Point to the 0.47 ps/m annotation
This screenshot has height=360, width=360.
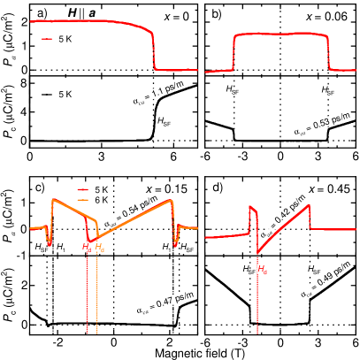click(165, 303)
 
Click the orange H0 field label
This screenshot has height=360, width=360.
click(98, 249)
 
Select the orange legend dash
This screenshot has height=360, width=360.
click(83, 199)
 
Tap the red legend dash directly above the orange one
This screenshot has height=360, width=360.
click(83, 189)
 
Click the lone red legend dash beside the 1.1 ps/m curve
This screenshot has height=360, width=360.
click(47, 39)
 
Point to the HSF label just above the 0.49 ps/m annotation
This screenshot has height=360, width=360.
click(313, 269)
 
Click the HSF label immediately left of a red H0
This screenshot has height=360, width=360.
click(248, 269)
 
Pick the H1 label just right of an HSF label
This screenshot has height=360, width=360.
click(60, 249)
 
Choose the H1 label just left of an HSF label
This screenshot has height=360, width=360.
click(166, 249)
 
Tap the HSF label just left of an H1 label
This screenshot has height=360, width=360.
click(42, 249)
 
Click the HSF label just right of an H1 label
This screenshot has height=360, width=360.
click(186, 249)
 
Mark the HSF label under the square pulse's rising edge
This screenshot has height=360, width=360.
click(233, 89)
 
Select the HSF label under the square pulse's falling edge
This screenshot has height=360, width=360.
click(327, 89)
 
